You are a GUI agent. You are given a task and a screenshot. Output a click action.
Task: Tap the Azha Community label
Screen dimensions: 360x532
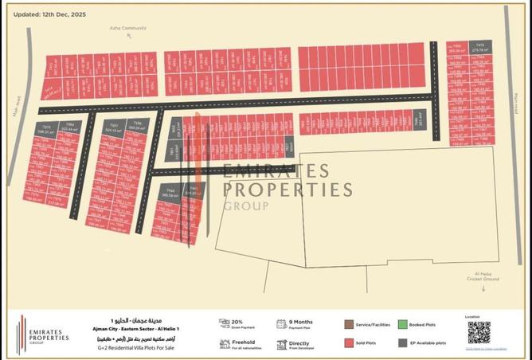(128, 29)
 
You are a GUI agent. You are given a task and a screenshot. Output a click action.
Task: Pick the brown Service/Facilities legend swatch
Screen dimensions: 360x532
(348, 325)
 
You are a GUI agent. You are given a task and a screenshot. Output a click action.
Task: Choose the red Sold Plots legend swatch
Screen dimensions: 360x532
(348, 342)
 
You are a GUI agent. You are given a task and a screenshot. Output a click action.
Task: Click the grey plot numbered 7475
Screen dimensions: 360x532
(480, 47)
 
